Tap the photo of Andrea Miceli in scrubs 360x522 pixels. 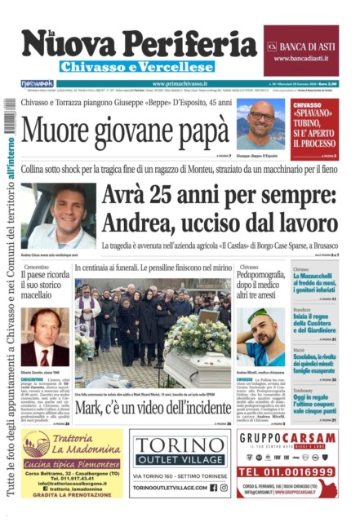(x=261, y=334)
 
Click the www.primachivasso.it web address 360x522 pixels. (x=180, y=83)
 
